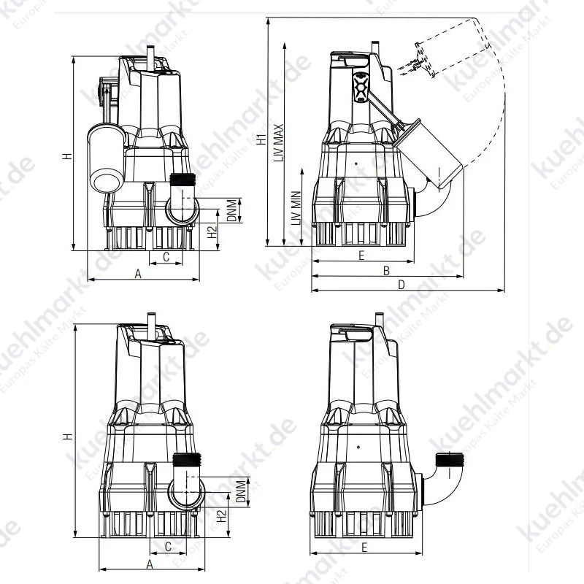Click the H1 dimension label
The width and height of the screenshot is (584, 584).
pyautogui.click(x=262, y=139)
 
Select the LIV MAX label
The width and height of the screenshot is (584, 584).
pyautogui.click(x=279, y=142)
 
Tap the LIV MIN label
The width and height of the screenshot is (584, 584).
pyautogui.click(x=296, y=208)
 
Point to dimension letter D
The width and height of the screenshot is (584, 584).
pyautogui.click(x=401, y=285)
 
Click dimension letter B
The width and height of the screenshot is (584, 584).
pyautogui.click(x=387, y=271)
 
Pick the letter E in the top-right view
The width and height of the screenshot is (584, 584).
pyautogui.click(x=361, y=255)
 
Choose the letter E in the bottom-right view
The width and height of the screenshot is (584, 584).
pyautogui.click(x=364, y=547)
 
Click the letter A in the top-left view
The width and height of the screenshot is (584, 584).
pyautogui.click(x=138, y=274)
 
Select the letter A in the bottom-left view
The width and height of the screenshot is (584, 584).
pyautogui.click(x=150, y=564)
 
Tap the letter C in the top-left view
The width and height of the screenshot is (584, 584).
pyautogui.click(x=166, y=257)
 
